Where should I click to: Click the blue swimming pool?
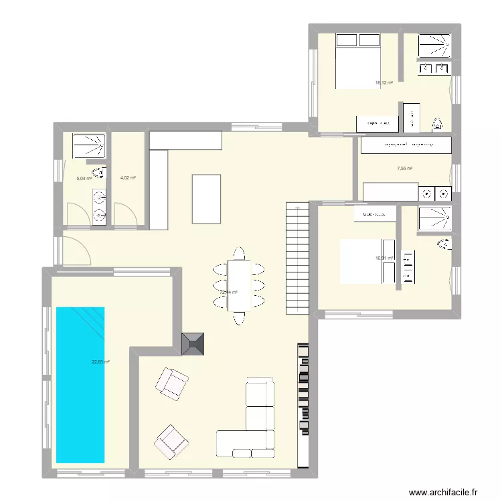(x=80, y=385)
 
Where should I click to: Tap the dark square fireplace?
(x=194, y=344)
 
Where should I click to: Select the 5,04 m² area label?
(x=84, y=179)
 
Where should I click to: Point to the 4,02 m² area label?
(x=128, y=178)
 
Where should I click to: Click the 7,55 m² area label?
(x=404, y=169)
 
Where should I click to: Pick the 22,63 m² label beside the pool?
(x=100, y=362)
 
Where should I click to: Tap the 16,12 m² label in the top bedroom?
(x=384, y=83)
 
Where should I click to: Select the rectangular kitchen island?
(x=206, y=198)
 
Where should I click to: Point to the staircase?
(x=297, y=258)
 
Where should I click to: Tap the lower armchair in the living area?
(x=171, y=441)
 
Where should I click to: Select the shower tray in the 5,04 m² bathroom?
(x=89, y=147)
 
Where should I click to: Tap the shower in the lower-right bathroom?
(x=435, y=220)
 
